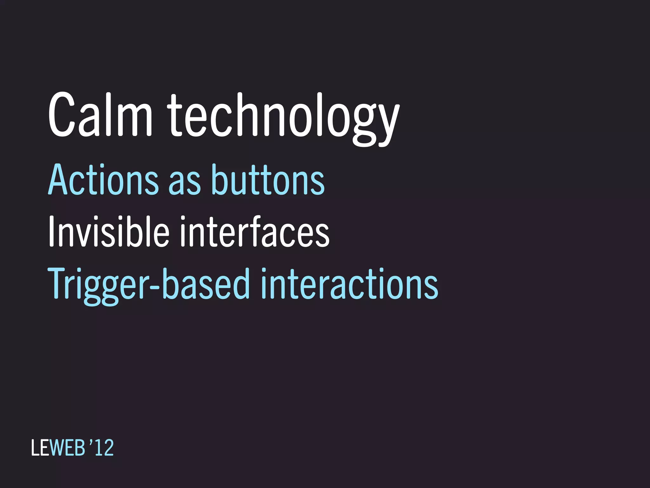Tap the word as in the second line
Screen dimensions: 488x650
point(184,183)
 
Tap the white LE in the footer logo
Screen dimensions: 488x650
point(40,448)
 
